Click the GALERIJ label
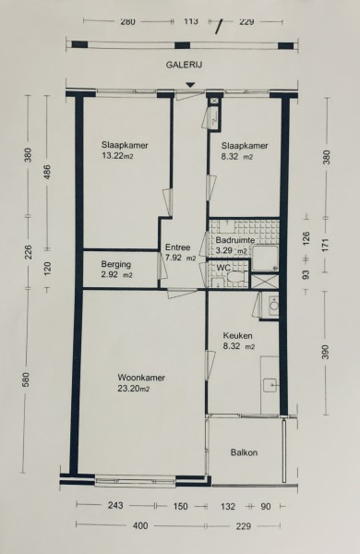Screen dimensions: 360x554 point(184,65)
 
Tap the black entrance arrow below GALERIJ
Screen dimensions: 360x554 point(191,85)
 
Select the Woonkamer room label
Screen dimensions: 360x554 point(141,378)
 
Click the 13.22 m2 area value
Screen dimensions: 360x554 point(117,156)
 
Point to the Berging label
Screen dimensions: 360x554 point(116,264)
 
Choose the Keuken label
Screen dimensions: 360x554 point(237,336)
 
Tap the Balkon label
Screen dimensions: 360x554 point(244,452)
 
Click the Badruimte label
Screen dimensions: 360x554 point(235,240)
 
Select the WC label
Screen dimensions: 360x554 point(223,268)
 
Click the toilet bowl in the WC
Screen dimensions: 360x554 point(237,276)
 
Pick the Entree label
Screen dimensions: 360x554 point(178,247)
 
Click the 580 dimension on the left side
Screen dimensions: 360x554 point(27,379)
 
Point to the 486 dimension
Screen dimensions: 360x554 point(47,172)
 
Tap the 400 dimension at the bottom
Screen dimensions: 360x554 point(140,526)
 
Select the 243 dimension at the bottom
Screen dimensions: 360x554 point(115,506)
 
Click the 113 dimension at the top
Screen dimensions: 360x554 point(191,21)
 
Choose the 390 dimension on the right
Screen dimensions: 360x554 point(326,353)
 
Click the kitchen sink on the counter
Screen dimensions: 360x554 point(271,385)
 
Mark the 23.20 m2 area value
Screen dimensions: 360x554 point(134,389)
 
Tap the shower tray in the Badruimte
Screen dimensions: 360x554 point(265,259)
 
